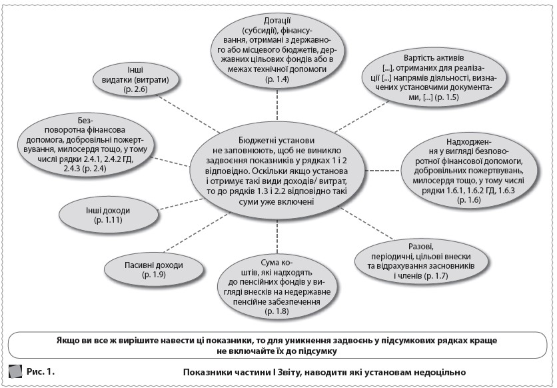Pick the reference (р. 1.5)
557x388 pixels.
pos(445,97)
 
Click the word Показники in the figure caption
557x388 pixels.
pos(204,371)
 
